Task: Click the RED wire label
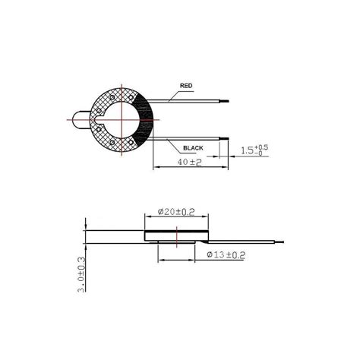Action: [x=186, y=86]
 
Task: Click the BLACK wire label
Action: [x=193, y=148]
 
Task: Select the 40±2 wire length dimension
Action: [x=189, y=162]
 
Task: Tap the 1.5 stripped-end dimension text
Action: [x=254, y=150]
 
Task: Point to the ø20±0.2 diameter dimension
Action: [x=176, y=212]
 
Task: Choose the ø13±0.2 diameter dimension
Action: [x=226, y=254]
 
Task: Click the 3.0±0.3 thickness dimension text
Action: [x=81, y=275]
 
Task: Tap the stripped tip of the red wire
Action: [x=224, y=101]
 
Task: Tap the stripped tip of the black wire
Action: [x=224, y=138]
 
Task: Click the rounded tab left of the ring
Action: [x=81, y=120]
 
